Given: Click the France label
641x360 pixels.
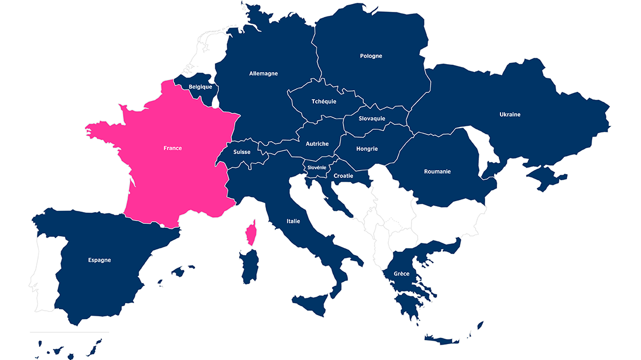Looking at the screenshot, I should (x=172, y=148).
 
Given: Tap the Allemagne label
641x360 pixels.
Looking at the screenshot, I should (x=264, y=73).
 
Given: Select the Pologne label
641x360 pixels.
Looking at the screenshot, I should (x=371, y=56).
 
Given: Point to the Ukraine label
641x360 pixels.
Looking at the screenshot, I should (x=510, y=115).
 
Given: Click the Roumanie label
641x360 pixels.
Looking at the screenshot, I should (x=437, y=171).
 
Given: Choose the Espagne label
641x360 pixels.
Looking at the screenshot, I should (x=99, y=260).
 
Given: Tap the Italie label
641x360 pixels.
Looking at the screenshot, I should (x=293, y=221).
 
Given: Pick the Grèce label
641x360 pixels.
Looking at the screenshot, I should (x=401, y=274).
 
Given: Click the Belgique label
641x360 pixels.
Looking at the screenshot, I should (x=200, y=87).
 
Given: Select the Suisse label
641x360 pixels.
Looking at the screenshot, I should (x=241, y=152).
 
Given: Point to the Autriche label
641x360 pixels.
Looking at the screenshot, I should (x=317, y=144).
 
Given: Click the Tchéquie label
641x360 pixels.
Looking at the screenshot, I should (x=324, y=101).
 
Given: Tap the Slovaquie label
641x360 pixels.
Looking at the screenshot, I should (x=372, y=118).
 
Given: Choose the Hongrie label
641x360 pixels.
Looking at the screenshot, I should (x=367, y=149).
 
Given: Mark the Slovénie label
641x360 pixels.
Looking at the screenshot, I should (x=317, y=168).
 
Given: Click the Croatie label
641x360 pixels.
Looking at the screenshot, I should (x=343, y=176).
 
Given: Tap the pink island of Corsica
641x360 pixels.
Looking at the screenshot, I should (x=250, y=233).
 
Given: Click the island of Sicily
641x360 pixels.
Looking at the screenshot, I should (x=311, y=303).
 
